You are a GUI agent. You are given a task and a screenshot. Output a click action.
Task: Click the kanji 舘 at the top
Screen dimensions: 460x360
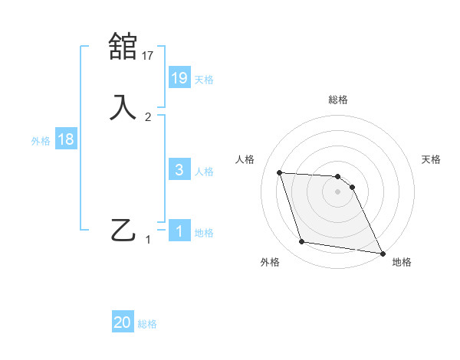[x=123, y=46]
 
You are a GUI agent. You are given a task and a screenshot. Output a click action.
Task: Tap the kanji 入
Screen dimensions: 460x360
[x=123, y=106]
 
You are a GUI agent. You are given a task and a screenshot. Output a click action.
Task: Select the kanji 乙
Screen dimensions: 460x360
[x=123, y=230]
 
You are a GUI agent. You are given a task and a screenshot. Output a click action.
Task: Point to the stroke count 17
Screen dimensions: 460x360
[x=148, y=55]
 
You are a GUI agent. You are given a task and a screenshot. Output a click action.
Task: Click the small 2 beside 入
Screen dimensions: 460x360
[x=148, y=117]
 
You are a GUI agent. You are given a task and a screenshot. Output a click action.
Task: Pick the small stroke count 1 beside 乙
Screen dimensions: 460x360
[x=148, y=240]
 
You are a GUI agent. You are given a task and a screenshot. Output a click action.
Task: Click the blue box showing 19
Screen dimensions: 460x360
[x=179, y=77]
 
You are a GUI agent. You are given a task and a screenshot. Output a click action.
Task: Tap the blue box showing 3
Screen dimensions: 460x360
[x=179, y=170]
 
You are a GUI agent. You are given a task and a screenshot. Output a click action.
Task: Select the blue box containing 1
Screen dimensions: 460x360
[x=179, y=231]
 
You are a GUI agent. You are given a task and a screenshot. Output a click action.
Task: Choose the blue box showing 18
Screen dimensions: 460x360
[x=65, y=139]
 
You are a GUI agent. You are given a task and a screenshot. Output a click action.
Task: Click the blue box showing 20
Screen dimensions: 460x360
[x=123, y=322]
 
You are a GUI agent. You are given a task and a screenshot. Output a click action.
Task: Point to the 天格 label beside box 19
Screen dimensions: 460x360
[x=204, y=79]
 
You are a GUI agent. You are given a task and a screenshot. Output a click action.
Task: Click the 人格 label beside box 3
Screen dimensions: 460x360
[x=204, y=172]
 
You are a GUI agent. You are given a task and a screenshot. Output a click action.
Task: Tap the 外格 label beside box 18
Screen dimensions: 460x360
[x=41, y=141]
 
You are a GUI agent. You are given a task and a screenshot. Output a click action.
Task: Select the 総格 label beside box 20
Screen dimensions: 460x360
[x=147, y=324]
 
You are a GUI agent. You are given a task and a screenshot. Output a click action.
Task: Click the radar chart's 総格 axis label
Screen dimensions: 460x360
[x=337, y=100]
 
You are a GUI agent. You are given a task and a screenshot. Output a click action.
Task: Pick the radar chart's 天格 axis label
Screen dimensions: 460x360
[x=431, y=159]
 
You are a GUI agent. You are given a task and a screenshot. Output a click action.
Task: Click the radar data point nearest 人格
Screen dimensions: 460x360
[x=279, y=172]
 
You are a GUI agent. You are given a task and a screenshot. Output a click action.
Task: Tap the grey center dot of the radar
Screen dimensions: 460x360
[x=337, y=191]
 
